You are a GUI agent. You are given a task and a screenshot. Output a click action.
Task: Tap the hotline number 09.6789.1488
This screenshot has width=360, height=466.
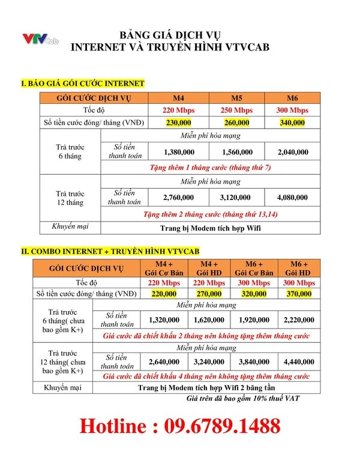(180, 426)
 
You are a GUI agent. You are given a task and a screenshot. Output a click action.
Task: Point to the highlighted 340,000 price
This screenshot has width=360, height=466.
(292, 123)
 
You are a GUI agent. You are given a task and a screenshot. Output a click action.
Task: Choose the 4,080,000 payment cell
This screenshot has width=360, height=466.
(292, 198)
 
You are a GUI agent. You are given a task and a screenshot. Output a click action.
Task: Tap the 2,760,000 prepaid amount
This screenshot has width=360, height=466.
(178, 198)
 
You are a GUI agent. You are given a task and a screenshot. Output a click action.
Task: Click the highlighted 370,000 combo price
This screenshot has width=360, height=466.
(299, 294)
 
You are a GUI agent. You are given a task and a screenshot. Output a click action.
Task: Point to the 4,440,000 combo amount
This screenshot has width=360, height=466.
(299, 362)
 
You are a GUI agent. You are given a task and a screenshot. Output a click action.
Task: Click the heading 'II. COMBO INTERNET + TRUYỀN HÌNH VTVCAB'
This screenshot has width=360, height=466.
(110, 251)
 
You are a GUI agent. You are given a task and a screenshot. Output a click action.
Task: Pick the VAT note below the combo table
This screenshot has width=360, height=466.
(243, 398)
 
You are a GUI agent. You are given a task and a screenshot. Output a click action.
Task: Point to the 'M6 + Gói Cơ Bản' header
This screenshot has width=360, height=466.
(251, 268)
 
